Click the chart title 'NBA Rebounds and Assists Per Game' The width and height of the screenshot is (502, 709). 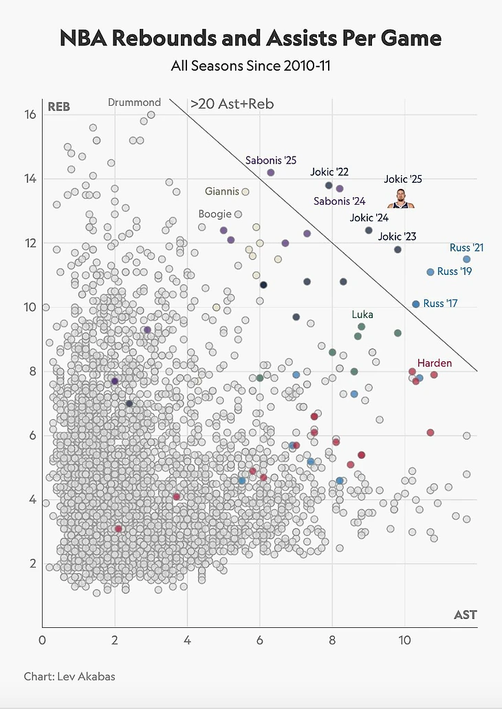(250, 38)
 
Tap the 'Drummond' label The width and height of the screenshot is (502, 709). (134, 102)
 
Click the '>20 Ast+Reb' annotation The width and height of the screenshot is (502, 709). (232, 104)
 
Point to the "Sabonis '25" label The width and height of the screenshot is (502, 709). (271, 160)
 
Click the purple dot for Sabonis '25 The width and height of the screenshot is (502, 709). (271, 172)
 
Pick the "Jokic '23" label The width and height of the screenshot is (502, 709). (397, 236)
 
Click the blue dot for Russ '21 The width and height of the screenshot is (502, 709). (466, 259)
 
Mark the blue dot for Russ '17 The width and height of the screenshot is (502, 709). (415, 304)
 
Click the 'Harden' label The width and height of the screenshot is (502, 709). (435, 362)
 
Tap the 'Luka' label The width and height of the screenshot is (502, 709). (362, 315)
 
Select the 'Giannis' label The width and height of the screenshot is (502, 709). (222, 191)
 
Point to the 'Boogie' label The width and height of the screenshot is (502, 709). (215, 214)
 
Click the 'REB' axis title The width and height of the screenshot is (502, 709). (58, 106)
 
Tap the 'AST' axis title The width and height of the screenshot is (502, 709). (465, 614)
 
